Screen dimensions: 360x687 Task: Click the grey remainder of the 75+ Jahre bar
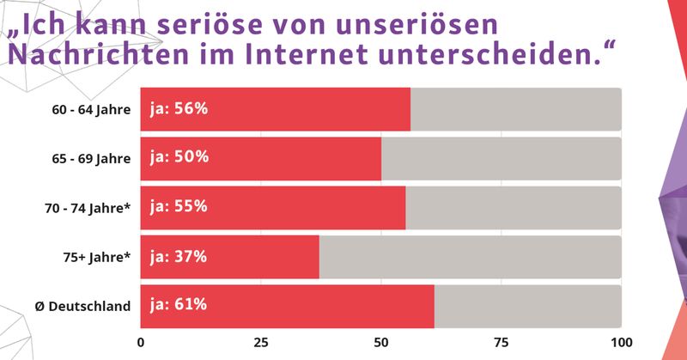(470, 256)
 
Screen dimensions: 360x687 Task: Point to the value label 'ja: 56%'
(179, 109)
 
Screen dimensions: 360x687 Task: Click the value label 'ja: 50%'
(179, 158)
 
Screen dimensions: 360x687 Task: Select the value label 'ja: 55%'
(179, 207)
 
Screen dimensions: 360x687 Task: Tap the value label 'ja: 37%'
(179, 256)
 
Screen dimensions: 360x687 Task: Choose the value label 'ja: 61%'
(179, 305)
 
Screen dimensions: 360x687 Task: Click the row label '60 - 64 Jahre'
(91, 109)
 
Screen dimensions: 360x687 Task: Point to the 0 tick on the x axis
(141, 340)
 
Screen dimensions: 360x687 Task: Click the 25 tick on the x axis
(261, 340)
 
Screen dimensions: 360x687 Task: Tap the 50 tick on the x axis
(381, 340)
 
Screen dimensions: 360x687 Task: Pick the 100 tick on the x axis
(620, 340)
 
